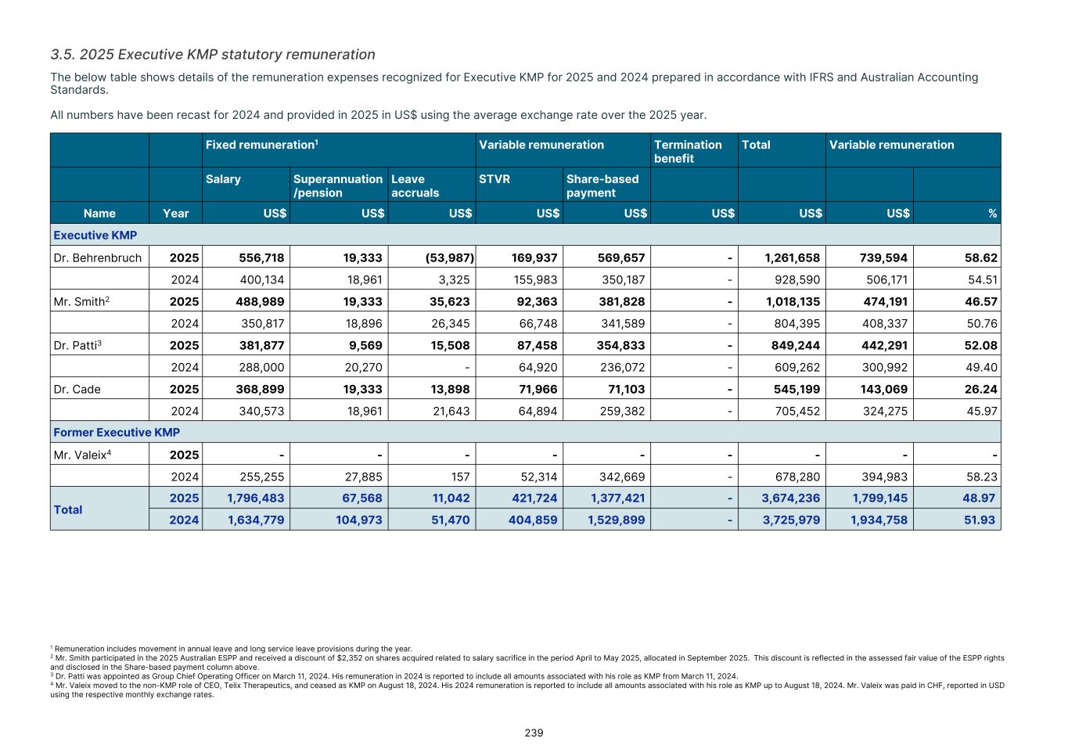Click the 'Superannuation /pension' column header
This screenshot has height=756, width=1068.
(x=337, y=185)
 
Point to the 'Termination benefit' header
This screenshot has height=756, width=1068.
(x=688, y=151)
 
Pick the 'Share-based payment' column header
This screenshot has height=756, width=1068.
(x=602, y=185)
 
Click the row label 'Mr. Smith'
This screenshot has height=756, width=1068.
(x=79, y=301)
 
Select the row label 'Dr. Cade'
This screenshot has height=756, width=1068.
(x=77, y=389)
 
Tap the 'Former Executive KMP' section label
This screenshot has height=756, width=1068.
(x=117, y=432)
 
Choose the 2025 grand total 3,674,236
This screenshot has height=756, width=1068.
(x=791, y=498)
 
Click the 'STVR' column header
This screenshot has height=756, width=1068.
(x=494, y=179)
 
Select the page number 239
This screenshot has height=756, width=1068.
(x=534, y=733)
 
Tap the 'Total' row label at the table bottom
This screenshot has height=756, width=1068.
(x=68, y=509)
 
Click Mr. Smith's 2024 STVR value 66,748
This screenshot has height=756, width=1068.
(x=538, y=323)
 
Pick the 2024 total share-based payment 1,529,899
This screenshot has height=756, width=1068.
(x=616, y=520)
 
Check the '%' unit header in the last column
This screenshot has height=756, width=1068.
(x=992, y=213)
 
